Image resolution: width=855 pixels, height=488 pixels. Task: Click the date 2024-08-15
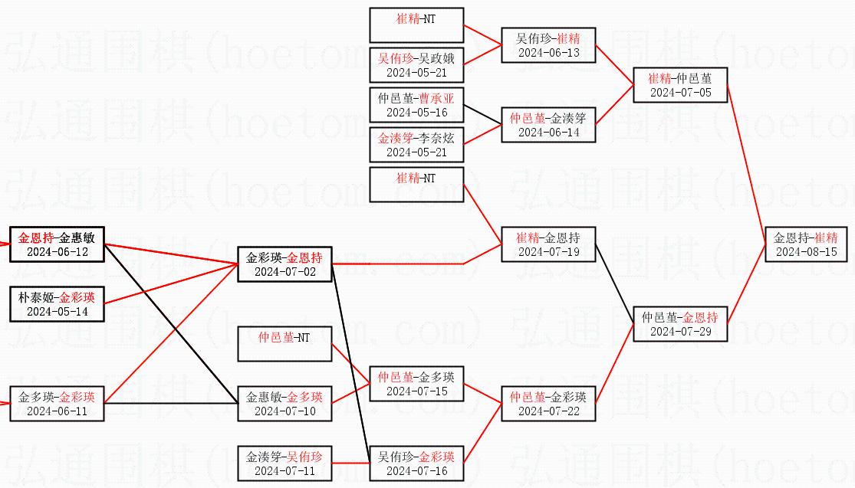[x=806, y=251]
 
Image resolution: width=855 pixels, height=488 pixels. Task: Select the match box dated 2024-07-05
[x=679, y=85]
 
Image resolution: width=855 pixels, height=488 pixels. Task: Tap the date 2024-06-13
[x=548, y=52]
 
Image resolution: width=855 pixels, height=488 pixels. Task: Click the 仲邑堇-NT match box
[x=284, y=343]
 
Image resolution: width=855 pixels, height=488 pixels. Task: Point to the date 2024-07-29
[x=679, y=331]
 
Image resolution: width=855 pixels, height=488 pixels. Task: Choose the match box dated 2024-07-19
[x=548, y=244]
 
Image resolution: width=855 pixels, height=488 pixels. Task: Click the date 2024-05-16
[x=416, y=112]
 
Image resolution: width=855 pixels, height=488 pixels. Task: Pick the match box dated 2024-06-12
[x=58, y=244]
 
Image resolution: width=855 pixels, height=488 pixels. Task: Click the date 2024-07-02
[x=284, y=271]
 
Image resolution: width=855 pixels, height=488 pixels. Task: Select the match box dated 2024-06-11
[x=58, y=404]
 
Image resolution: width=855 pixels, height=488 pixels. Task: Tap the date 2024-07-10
[x=284, y=411]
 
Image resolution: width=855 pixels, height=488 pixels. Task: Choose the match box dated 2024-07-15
[x=416, y=384]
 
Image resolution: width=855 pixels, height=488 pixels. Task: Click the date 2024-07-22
[x=548, y=411]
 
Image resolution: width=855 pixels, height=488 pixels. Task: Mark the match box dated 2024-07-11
[x=284, y=463]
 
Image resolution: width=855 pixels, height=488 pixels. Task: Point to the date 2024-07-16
[x=416, y=470]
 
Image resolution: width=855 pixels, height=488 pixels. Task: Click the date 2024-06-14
[x=548, y=132]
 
